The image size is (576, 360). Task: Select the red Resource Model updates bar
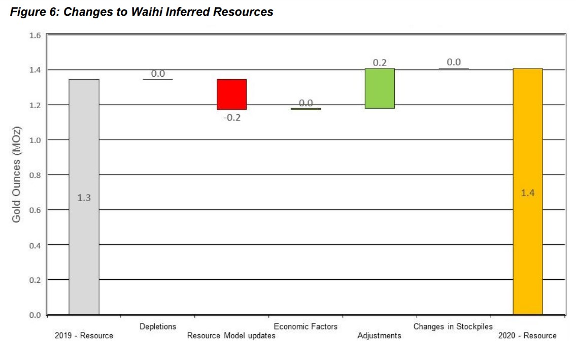tap(231, 94)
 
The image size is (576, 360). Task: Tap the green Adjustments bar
tap(380, 88)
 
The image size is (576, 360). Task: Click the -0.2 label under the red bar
tap(232, 118)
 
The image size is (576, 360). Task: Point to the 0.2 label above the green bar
tap(380, 63)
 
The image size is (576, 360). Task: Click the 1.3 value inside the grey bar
tap(84, 198)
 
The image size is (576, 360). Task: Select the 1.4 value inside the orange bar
tap(528, 193)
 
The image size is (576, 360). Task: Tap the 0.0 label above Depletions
tap(158, 74)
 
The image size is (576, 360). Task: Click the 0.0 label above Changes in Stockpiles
tap(454, 62)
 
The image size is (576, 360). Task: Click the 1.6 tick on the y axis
tap(35, 36)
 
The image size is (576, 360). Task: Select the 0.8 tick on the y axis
tap(35, 175)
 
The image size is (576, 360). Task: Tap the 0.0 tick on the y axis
tap(35, 315)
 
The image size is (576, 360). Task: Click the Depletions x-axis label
tap(158, 326)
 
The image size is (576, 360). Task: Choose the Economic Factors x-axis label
tap(306, 326)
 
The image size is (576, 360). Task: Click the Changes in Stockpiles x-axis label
tap(453, 326)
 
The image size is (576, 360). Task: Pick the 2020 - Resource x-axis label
tap(527, 336)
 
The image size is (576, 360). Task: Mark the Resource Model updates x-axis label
tap(231, 336)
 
